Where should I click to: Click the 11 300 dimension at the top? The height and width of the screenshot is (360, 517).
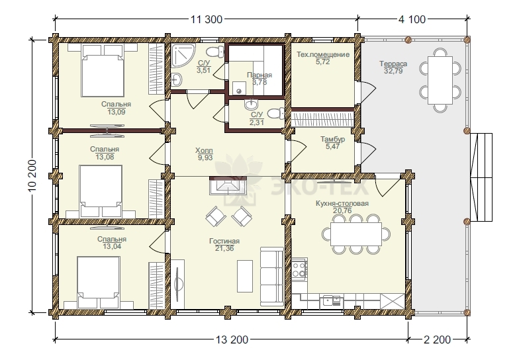pyautogui.click(x=207, y=19)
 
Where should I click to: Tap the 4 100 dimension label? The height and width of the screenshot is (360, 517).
pyautogui.click(x=412, y=19)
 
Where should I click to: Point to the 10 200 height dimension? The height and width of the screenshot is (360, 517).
pyautogui.click(x=32, y=177)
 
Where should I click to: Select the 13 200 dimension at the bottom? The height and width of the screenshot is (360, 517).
pyautogui.click(x=232, y=339)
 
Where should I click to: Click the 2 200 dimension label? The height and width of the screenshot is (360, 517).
pyautogui.click(x=437, y=339)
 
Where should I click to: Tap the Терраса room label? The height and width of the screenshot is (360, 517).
pyautogui.click(x=393, y=64)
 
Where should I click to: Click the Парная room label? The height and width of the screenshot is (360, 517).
pyautogui.click(x=259, y=75)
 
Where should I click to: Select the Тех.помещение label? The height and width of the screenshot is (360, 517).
pyautogui.click(x=323, y=54)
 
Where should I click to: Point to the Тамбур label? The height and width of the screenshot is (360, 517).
pyautogui.click(x=333, y=139)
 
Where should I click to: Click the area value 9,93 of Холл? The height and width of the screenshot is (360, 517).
pyautogui.click(x=205, y=157)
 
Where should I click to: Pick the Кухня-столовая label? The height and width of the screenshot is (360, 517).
pyautogui.click(x=342, y=203)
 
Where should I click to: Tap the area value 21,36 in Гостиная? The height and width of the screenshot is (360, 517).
pyautogui.click(x=224, y=248)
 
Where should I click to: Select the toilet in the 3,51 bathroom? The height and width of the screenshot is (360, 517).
pyautogui.click(x=215, y=52)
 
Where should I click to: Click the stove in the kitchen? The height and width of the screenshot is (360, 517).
pyautogui.click(x=299, y=269)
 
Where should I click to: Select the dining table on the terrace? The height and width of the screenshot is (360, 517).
pyautogui.click(x=440, y=81)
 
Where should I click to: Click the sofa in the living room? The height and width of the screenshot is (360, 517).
pyautogui.click(x=272, y=277)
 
